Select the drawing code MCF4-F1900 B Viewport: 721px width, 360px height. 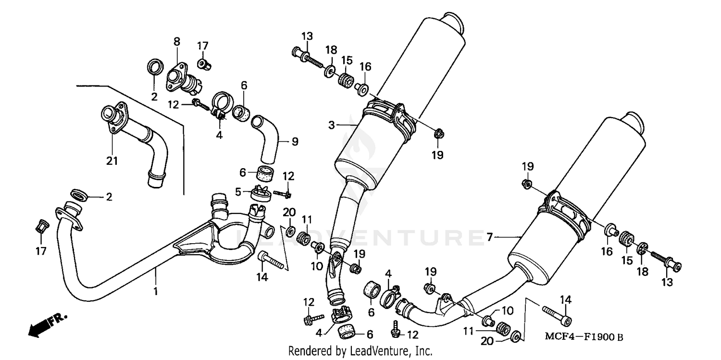point(583,338)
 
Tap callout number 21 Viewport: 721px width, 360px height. point(112,161)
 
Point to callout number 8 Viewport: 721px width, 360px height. point(176,42)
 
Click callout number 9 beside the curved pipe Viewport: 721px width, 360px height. point(295,141)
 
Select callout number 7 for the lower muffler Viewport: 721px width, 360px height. point(489,237)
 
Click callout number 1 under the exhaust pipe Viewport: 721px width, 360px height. point(155,291)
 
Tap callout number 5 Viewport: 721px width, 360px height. point(238,191)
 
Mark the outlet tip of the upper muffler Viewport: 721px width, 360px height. point(453,24)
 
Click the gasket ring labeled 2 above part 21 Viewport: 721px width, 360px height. point(154,67)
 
